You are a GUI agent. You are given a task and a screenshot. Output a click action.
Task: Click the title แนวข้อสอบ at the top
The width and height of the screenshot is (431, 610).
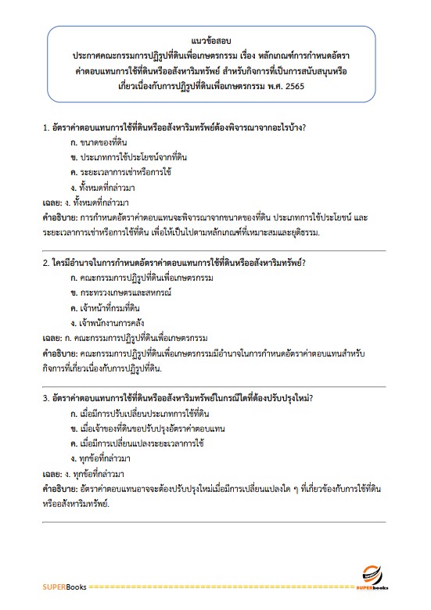(x=215, y=38)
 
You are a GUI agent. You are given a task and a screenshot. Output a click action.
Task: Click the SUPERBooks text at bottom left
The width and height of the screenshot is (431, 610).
(x=64, y=586)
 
